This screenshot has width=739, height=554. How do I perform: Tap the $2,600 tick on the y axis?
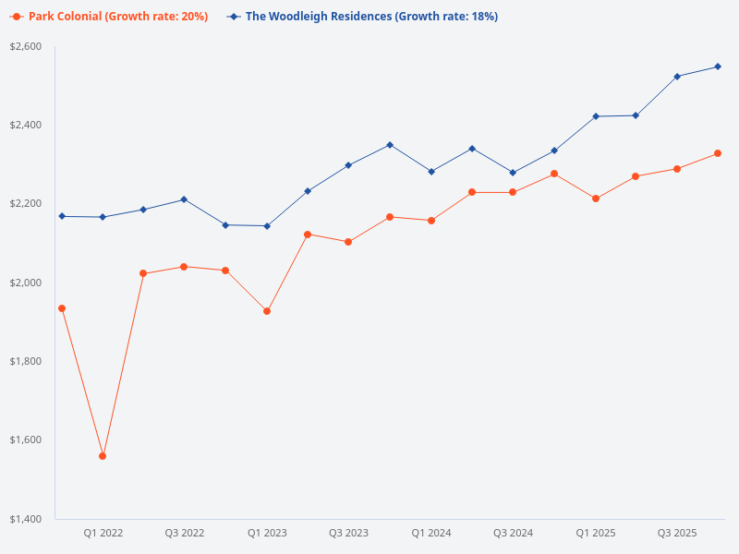[x=26, y=46]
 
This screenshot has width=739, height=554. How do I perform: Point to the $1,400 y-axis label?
[x=26, y=519]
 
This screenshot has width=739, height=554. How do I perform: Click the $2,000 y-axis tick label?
[x=26, y=283]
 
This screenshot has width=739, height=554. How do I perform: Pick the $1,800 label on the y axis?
[x=26, y=361]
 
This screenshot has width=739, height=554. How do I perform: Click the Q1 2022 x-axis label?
[x=103, y=534]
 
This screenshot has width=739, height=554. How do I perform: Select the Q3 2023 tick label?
[x=348, y=534]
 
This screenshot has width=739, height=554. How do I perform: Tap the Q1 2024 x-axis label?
[x=430, y=534]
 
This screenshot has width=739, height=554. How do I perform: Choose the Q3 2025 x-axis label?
[x=676, y=534]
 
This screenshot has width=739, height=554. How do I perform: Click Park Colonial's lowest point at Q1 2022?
[x=103, y=456]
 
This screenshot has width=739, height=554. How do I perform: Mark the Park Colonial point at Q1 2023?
[x=267, y=311]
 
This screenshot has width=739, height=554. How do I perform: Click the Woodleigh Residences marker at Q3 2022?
[x=184, y=199]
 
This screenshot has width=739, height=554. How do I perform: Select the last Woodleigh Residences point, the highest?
[x=718, y=66]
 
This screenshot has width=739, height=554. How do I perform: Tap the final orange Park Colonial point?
[x=718, y=153]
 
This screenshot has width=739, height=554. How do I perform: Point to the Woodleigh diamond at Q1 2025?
[x=595, y=116]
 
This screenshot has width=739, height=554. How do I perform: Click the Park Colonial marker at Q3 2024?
[x=513, y=192]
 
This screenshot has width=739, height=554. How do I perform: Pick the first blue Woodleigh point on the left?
[x=62, y=216]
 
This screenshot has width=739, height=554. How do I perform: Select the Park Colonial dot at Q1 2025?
[x=595, y=199]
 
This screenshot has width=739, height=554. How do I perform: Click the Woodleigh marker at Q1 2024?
[x=430, y=172]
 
